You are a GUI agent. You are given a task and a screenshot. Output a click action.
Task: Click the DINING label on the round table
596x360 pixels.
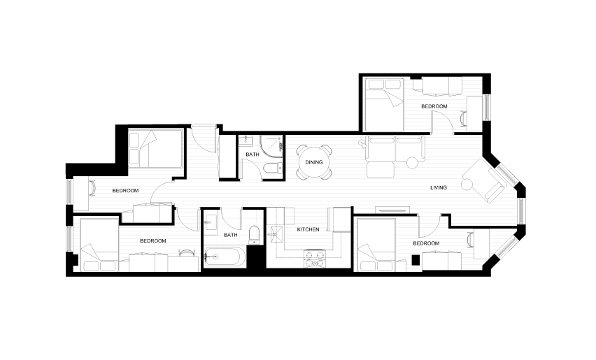pos(314,162)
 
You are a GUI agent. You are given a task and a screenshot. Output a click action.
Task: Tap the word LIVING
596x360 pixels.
pos(439,187)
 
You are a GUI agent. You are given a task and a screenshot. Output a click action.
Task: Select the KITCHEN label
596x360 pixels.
pos(308,229)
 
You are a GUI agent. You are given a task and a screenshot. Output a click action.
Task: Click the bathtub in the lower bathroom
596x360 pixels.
pos(225,257)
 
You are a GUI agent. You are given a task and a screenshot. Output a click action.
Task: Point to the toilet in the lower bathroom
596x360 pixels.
pos(254,235)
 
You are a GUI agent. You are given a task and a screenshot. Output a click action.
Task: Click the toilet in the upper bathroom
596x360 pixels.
pos(273,168)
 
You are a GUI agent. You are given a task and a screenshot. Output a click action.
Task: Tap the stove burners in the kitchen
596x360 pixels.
pos(315,259)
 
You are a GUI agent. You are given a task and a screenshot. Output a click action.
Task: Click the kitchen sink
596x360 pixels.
pos(274,235)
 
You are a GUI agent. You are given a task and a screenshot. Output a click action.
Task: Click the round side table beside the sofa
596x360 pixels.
pos(412,162)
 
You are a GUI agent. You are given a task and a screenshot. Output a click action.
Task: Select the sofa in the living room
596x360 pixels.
pos(395,148)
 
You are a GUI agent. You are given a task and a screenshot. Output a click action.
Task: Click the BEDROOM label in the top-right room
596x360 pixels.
pos(434,106)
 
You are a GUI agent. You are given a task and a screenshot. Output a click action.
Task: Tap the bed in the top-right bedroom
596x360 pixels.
pos(383,104)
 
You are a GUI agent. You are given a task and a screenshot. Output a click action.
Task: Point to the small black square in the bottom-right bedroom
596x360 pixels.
pos(416,260)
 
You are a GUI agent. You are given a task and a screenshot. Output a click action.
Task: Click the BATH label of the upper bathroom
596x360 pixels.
pos(253,154)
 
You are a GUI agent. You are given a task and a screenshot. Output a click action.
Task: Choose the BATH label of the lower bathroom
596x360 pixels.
pos(231,235)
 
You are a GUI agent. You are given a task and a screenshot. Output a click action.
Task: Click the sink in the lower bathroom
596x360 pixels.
pos(210,222)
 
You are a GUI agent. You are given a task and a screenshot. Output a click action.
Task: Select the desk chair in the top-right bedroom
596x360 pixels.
pos(463,118)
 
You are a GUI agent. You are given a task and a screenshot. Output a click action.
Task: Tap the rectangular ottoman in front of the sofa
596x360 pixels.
pos(380,170)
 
